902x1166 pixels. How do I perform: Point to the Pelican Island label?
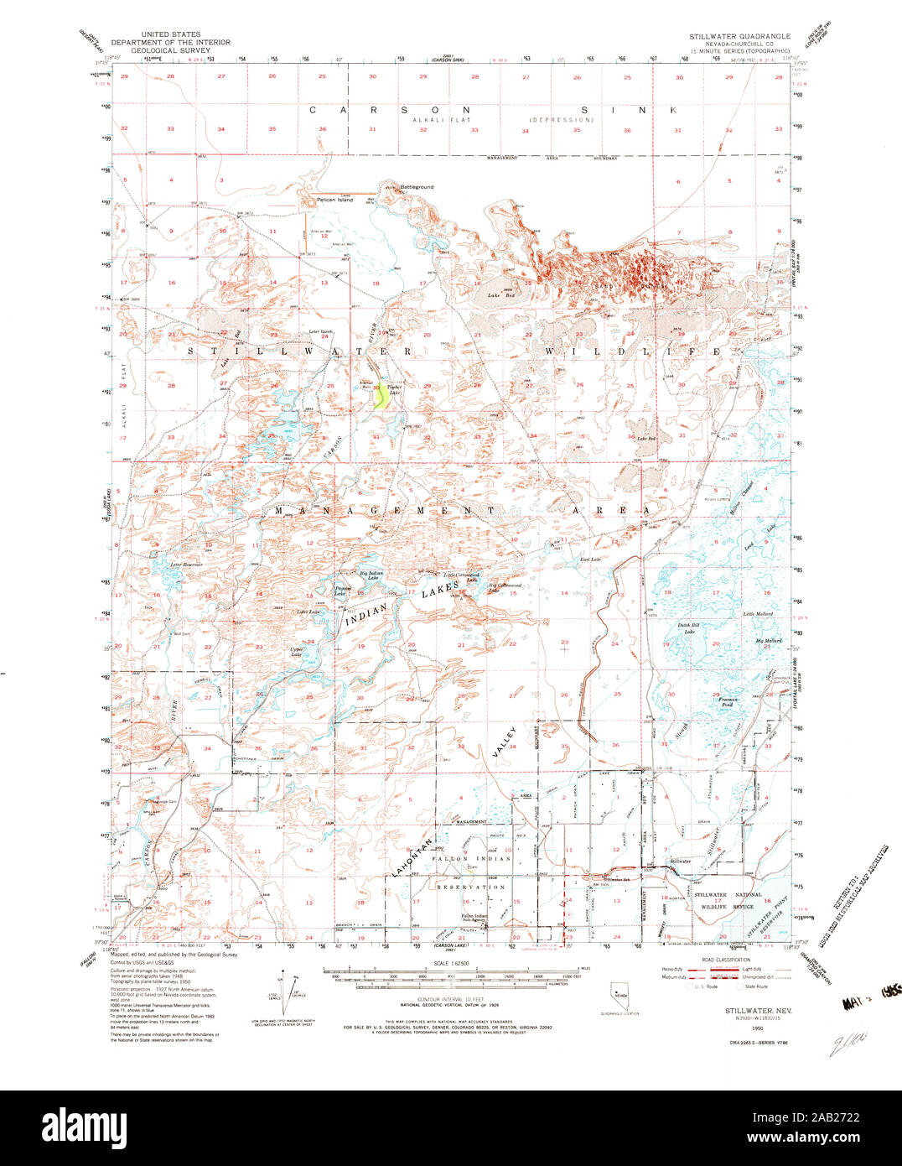334,200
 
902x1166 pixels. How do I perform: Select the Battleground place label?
416,186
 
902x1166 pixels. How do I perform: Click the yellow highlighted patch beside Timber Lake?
381,395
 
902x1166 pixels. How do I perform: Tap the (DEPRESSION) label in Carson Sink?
560,120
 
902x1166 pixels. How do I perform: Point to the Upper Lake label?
297,651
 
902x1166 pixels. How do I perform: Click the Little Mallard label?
758,614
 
